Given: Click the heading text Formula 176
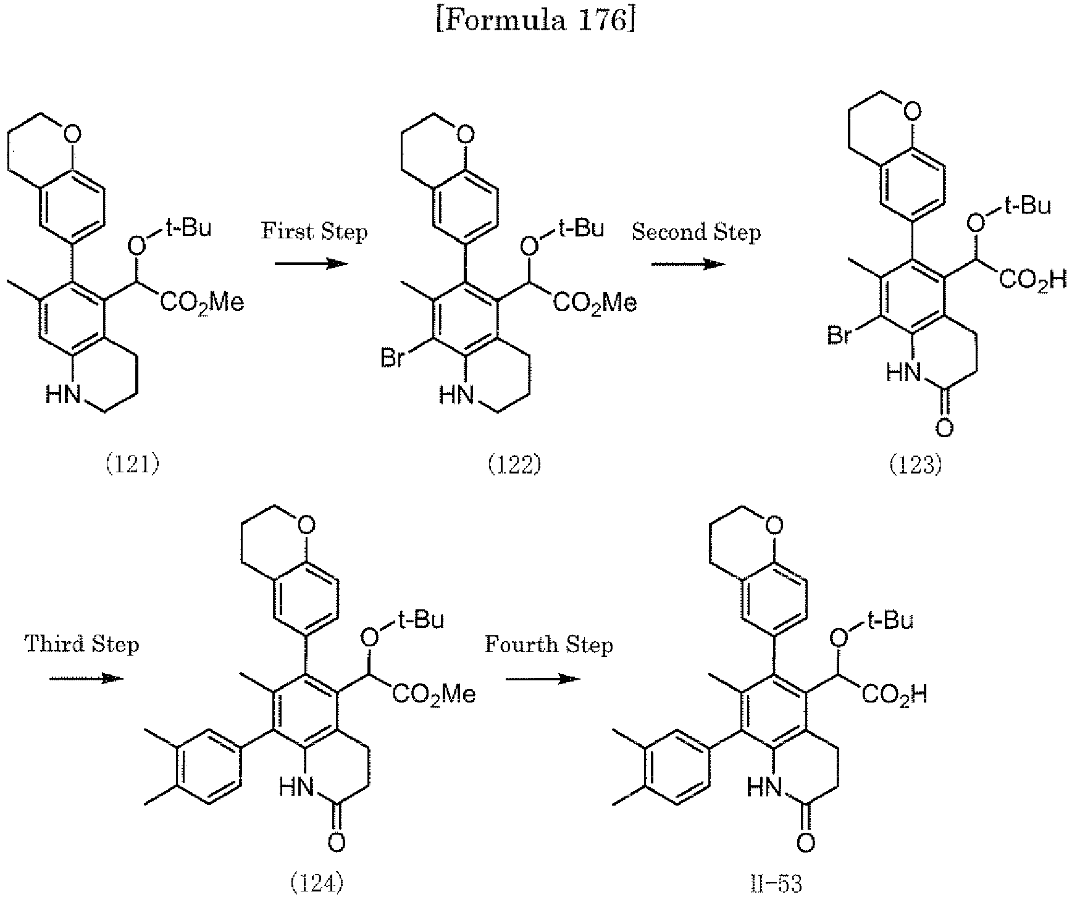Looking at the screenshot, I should click(x=535, y=22).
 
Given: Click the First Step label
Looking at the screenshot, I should click(x=314, y=232).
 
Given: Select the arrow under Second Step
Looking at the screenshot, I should click(x=687, y=264).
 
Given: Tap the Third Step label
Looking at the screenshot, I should click(x=82, y=645).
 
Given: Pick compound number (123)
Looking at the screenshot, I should click(x=915, y=464).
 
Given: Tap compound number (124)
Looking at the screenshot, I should click(x=316, y=884).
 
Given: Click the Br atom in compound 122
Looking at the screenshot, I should click(x=392, y=358).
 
